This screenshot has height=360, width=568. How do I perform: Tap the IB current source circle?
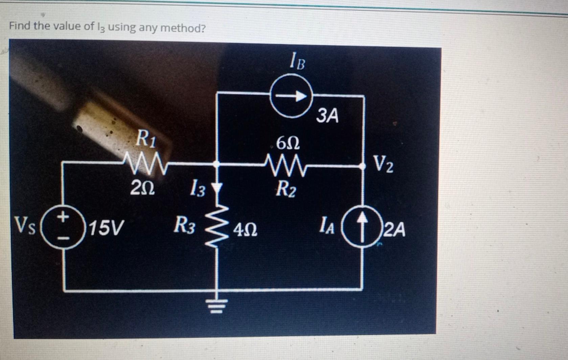[291, 97]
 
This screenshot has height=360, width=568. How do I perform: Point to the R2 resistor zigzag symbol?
[286, 165]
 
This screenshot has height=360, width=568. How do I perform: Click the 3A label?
[327, 116]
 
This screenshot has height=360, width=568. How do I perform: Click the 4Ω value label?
[245, 230]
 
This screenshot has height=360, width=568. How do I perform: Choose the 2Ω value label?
[142, 188]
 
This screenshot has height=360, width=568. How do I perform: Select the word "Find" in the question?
[20, 26]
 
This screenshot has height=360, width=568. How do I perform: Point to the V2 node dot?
[362, 166]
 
